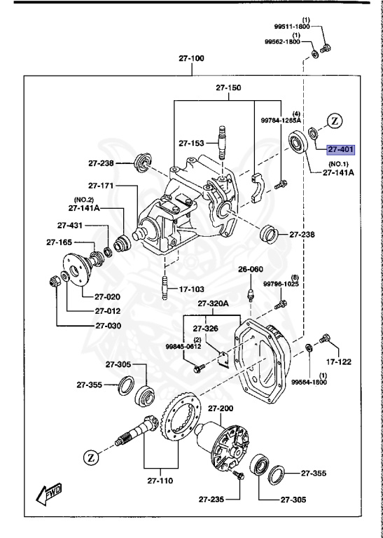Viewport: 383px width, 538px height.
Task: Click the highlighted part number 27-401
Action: [x=341, y=149]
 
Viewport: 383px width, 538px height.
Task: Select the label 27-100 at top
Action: [x=191, y=58]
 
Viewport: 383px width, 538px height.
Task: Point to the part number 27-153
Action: [x=190, y=143]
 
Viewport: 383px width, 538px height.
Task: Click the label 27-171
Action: [x=102, y=186]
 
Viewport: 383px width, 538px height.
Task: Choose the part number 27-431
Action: [x=71, y=226]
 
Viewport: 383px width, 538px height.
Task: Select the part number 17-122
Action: [x=339, y=362]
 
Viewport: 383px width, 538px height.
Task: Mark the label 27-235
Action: [x=212, y=499]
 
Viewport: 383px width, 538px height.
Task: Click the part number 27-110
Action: [x=160, y=481]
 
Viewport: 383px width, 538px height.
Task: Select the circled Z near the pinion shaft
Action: [x=90, y=457]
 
